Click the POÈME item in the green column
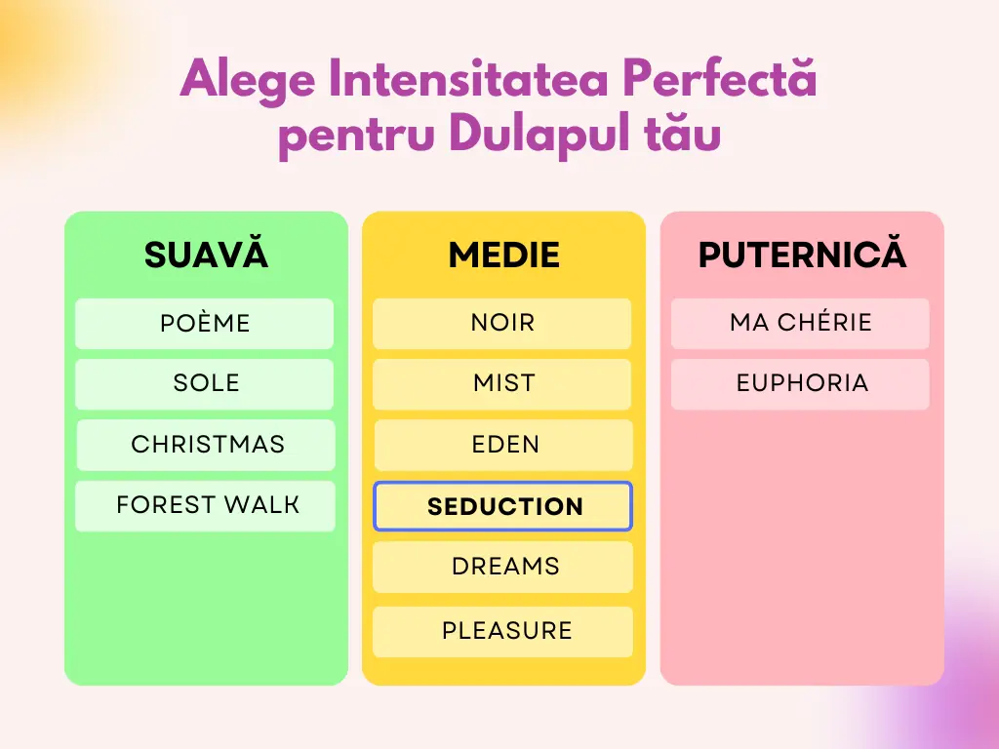(x=205, y=324)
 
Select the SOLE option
(x=205, y=384)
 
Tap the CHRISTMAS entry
(x=206, y=445)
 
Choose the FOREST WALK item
(x=205, y=506)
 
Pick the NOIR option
(x=502, y=324)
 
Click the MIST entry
(x=502, y=384)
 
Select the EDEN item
(x=503, y=445)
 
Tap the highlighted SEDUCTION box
(x=502, y=506)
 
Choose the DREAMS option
(x=502, y=567)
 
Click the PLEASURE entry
(x=502, y=632)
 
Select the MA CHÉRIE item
(x=800, y=324)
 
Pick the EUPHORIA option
(x=800, y=384)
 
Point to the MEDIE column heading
(x=504, y=255)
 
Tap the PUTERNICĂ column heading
(x=802, y=253)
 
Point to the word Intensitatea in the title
(x=468, y=78)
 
